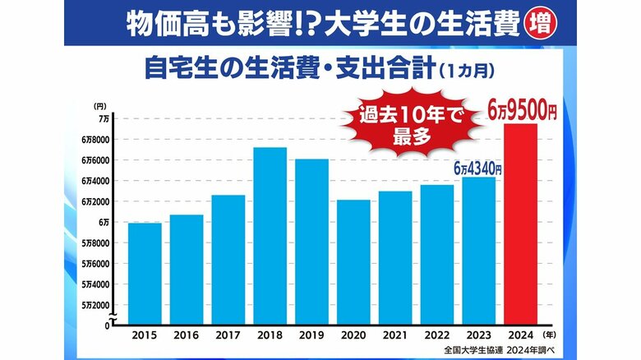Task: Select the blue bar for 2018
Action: tap(270, 236)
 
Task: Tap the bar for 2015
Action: tap(145, 274)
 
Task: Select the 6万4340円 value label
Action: tap(477, 168)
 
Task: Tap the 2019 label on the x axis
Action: tap(312, 335)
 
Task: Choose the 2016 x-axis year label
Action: tap(187, 335)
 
